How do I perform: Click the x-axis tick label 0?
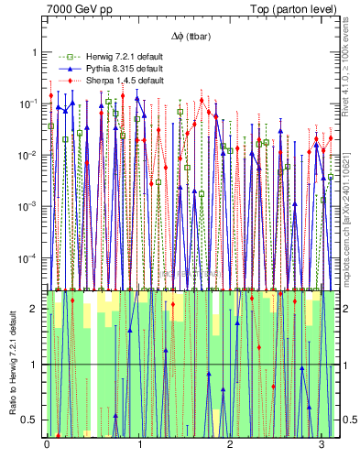pos(47,444)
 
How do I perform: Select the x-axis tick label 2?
pos(230,444)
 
